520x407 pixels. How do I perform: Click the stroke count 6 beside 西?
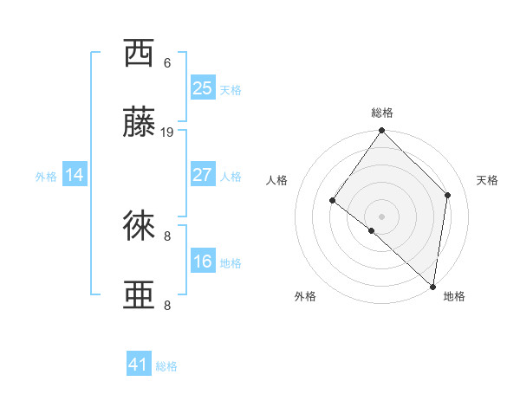point(167,62)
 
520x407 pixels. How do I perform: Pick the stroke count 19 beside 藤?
point(168,132)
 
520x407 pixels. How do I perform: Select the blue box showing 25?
point(202,88)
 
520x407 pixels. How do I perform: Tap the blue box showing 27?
point(202,175)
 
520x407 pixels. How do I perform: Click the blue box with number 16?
point(202,262)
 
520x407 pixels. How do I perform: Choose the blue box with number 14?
point(75,175)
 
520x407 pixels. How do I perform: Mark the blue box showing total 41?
point(139,365)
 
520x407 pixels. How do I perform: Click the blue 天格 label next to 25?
point(231,90)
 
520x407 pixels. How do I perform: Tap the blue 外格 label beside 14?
point(46,177)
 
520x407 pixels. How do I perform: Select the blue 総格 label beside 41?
point(166,366)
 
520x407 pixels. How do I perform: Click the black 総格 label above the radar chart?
point(382,113)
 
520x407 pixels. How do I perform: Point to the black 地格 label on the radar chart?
point(454,296)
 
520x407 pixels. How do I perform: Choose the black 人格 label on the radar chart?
point(276,180)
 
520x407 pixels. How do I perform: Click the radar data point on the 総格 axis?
point(382,131)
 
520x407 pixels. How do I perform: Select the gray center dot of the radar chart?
point(381,216)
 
